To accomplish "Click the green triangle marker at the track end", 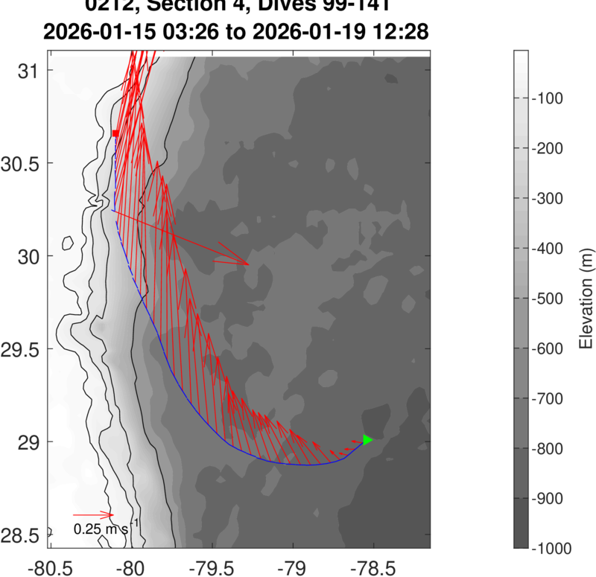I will pyautogui.click(x=367, y=440).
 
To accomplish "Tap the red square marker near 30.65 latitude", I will pyautogui.click(x=115, y=133).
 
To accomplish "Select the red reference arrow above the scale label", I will pyautogui.click(x=93, y=514).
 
